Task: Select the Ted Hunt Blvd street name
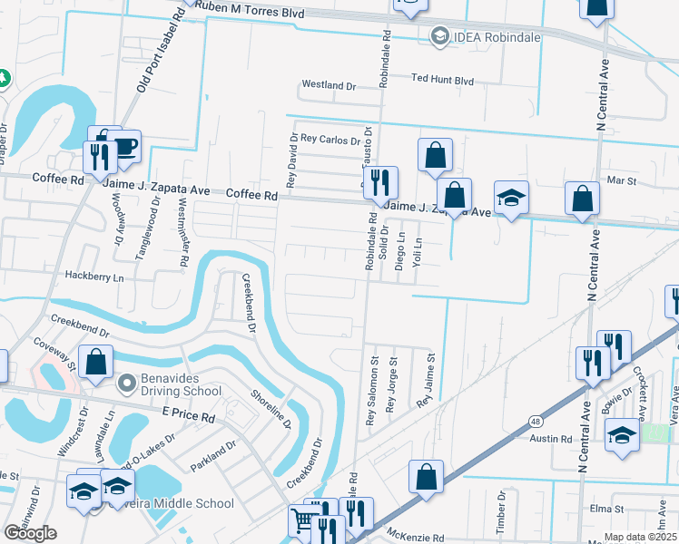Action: [x=443, y=81]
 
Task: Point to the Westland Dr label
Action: [x=329, y=85]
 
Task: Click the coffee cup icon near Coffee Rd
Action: [x=123, y=146]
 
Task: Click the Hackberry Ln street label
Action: [x=93, y=276]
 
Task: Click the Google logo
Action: [x=30, y=533]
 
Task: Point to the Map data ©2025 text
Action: [x=641, y=537]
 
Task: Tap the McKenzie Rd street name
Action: [x=415, y=537]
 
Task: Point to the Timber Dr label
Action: [x=500, y=504]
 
